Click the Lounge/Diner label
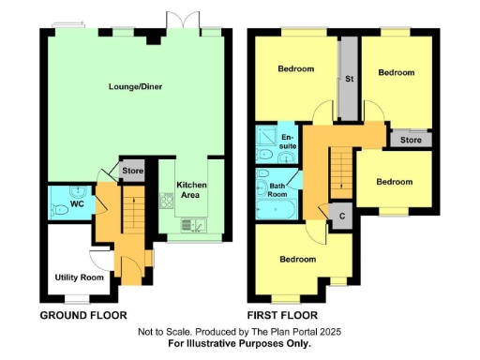coord(130,86)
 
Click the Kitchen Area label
coord(192,191)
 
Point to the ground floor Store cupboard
coord(132,171)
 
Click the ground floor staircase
coord(131,212)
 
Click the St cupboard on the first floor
coord(349,79)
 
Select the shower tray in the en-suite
coord(267,139)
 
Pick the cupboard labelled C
coord(341,215)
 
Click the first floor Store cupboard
coord(411,141)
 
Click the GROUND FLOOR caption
coord(82,315)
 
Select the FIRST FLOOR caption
coord(282,315)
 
